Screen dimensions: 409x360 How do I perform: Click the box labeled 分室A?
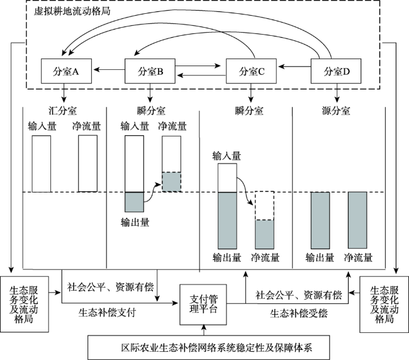66,71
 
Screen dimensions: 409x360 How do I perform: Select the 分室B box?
150,71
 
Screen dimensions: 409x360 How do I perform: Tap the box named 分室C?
251,71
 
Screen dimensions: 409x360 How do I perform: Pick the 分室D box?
336,71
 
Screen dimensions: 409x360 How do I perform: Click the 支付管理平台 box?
203,305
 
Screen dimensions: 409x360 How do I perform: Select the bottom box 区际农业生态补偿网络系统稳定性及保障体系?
209,347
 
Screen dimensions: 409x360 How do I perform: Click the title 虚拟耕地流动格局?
72,11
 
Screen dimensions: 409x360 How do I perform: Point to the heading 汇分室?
62,111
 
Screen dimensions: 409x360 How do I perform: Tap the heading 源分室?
336,111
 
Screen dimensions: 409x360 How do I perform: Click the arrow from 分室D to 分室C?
294,67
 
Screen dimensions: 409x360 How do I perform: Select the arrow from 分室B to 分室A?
109,69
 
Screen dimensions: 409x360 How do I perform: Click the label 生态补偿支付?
107,312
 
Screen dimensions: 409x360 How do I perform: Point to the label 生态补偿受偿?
299,313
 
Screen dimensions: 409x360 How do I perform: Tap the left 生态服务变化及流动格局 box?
25,304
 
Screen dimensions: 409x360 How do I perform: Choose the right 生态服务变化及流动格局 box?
384,305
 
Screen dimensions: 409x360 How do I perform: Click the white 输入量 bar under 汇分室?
42,164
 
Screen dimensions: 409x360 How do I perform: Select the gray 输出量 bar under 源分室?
320,220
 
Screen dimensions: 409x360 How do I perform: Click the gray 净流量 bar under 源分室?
357,220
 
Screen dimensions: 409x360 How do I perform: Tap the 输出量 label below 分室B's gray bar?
135,222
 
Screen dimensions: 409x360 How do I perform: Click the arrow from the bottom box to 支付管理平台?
204,330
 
